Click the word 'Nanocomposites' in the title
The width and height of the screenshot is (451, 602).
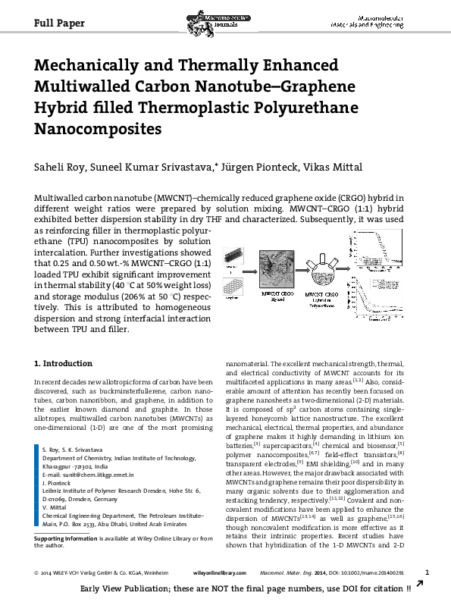pyautogui.click(x=98, y=128)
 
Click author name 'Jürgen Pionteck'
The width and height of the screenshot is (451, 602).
pyautogui.click(x=263, y=168)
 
